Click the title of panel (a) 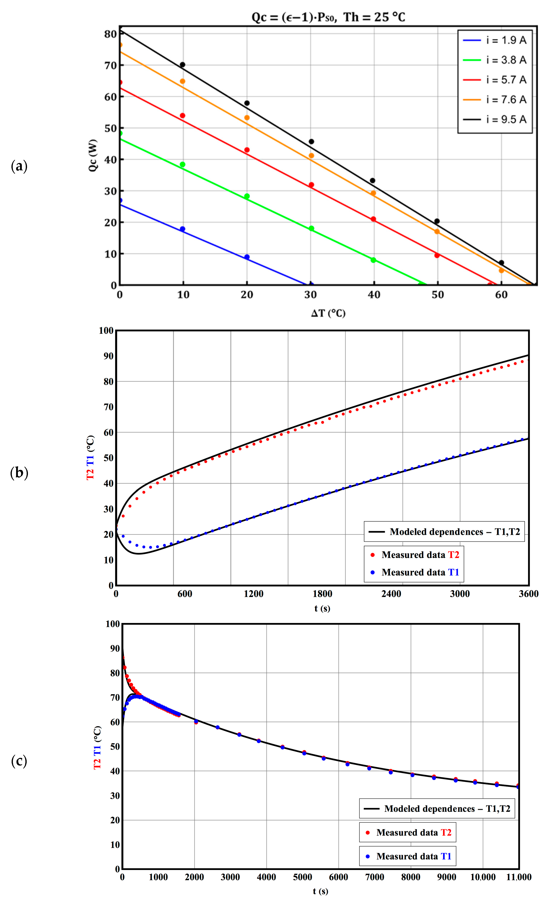328,17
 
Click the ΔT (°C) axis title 328,313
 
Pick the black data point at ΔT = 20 247,103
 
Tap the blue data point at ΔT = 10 183,229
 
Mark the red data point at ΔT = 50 437,255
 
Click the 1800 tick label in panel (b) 322,594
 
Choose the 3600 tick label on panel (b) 528,594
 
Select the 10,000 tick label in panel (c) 483,877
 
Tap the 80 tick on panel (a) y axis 110,34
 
